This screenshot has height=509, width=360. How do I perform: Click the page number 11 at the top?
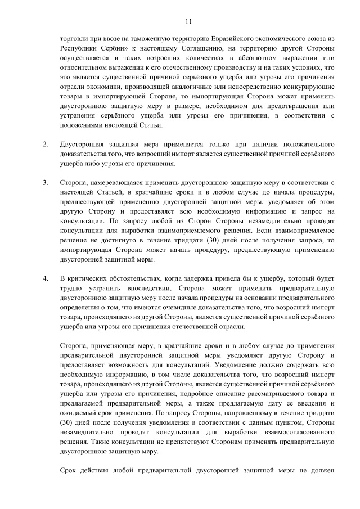coord(188,21)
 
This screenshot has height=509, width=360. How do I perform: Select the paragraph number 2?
coord(46,146)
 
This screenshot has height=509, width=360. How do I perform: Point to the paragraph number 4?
coord(46,279)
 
